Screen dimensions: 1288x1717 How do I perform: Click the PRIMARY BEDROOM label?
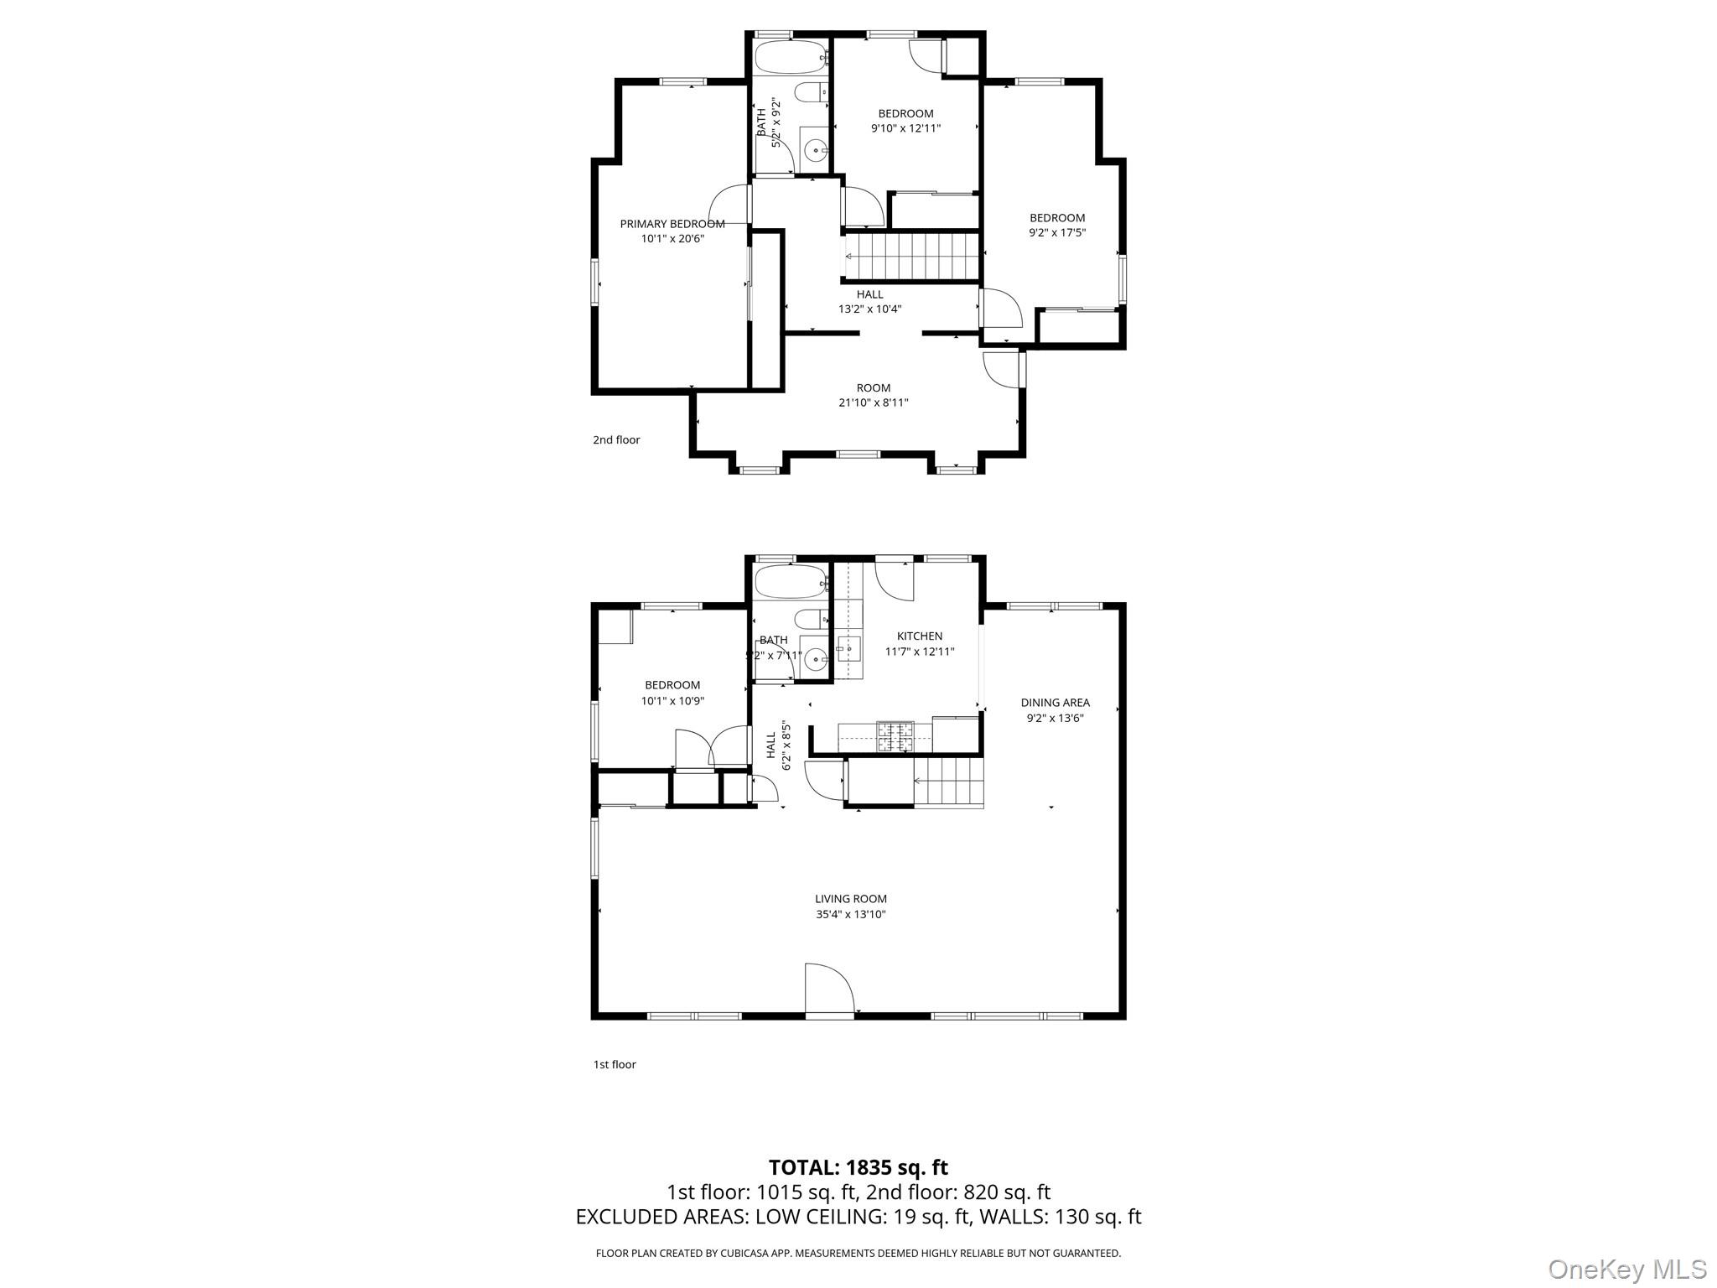click(x=672, y=224)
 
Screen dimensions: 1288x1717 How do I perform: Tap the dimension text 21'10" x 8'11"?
click(x=873, y=402)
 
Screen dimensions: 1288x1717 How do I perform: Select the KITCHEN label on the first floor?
click(x=920, y=636)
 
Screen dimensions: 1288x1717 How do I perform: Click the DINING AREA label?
click(x=1055, y=703)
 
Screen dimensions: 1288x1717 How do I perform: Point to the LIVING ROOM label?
click(x=850, y=899)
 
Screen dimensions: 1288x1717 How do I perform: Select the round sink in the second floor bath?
click(x=814, y=151)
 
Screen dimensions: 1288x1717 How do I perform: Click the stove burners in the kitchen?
click(x=895, y=736)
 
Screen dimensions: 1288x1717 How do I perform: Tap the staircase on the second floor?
click(x=912, y=256)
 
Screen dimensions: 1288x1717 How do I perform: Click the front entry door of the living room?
click(x=828, y=991)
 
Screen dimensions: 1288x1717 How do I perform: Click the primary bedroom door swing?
click(x=729, y=205)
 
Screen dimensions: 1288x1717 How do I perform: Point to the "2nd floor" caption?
click(x=616, y=440)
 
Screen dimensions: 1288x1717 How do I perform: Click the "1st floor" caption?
click(x=615, y=1065)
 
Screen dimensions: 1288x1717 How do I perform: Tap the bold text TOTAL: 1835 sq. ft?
click(x=858, y=1167)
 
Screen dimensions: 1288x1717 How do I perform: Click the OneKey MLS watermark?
click(x=1626, y=1269)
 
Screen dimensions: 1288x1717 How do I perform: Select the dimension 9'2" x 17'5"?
click(x=1056, y=233)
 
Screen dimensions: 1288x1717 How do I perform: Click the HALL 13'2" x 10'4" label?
click(x=869, y=302)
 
